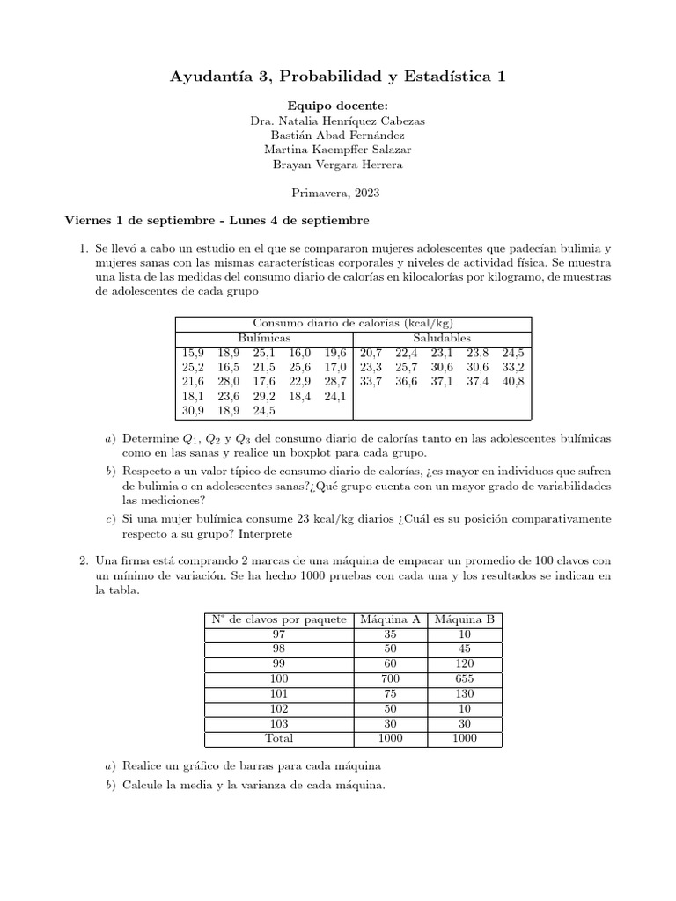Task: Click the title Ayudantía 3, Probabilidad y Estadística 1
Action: [338, 78]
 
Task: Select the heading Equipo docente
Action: [338, 106]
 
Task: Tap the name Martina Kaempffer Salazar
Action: [338, 150]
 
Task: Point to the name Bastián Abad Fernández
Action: [338, 135]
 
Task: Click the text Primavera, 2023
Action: [338, 191]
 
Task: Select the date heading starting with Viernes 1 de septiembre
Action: [217, 219]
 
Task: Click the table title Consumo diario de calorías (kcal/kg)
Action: [353, 323]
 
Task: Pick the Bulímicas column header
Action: [264, 338]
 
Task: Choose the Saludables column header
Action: [442, 338]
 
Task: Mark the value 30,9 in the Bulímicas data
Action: [194, 410]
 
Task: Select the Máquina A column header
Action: [390, 619]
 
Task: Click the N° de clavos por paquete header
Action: [278, 619]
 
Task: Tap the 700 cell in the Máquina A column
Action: [390, 679]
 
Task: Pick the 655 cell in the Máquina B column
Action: [465, 679]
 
